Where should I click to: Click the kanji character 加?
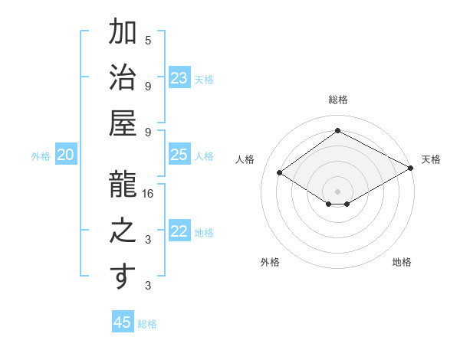point(123,32)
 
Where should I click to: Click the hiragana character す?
point(123,277)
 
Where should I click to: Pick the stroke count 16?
point(149,195)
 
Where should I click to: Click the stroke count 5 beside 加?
point(148,40)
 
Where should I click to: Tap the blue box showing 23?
point(179,78)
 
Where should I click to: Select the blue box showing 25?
point(179,155)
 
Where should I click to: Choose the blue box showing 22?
point(179,232)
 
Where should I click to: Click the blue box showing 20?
point(66,155)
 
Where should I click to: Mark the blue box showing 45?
point(123,322)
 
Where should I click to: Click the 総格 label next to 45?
point(147,324)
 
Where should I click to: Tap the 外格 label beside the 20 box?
point(41,156)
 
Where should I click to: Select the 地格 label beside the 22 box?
point(204,233)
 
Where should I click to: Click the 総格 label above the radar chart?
point(337,100)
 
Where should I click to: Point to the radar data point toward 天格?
point(411,169)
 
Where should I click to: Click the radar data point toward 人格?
point(280,173)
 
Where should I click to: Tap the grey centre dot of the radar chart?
point(337,190)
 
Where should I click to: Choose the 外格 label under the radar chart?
point(270,262)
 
